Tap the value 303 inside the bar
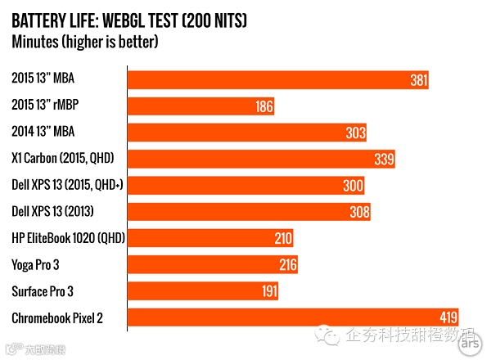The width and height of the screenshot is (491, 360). pos(354,133)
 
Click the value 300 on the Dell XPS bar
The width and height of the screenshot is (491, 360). pos(352,186)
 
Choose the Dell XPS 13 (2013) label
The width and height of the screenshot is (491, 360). pos(53,212)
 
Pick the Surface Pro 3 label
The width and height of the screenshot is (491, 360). pos(43,291)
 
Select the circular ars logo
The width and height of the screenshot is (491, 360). pos(469,344)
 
